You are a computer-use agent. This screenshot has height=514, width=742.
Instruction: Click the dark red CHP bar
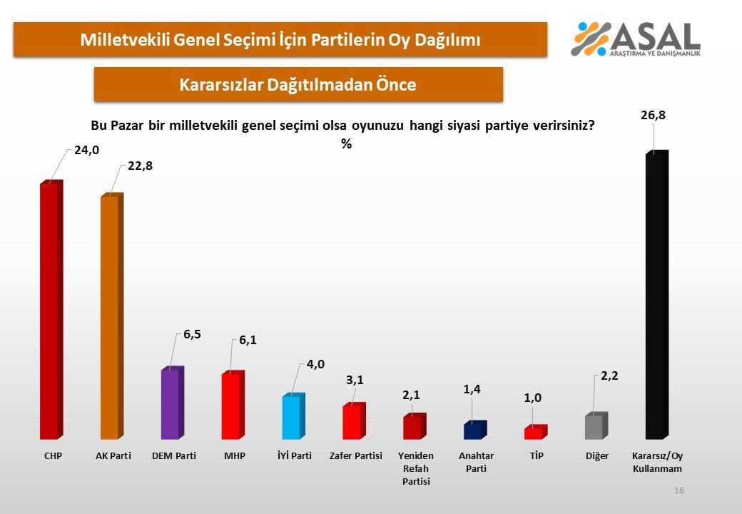tap(51, 310)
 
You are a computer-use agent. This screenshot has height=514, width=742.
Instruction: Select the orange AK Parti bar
tap(112, 316)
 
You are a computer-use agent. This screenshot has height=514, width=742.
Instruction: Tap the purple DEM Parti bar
tap(173, 403)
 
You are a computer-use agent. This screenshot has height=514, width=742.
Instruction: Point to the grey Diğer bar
tap(596, 426)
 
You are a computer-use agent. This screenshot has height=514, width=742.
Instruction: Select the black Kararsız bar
tap(657, 295)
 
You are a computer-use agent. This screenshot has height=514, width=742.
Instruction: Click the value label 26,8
tap(653, 115)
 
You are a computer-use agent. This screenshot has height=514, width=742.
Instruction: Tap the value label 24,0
tap(86, 150)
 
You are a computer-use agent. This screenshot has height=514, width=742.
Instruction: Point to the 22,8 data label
tap(140, 166)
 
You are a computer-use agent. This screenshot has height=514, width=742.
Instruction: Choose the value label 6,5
tap(192, 334)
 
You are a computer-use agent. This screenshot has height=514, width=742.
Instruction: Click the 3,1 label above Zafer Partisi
tap(355, 380)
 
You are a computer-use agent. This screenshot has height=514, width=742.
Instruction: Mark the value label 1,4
tap(472, 389)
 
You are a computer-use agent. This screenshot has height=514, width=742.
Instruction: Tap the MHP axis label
tap(235, 455)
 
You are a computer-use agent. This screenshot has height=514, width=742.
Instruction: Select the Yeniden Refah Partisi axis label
tap(416, 468)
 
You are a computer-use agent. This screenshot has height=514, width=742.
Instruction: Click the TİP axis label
tap(537, 455)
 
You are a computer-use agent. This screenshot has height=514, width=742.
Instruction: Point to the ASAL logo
tap(636, 39)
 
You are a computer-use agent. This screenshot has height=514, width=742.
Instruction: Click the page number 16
tap(679, 490)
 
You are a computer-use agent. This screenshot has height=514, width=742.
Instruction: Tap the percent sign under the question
tap(347, 144)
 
